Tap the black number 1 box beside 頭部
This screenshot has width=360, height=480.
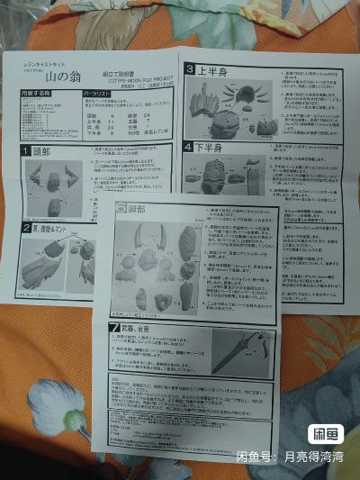tap(27, 151)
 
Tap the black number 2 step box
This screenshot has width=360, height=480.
tap(27, 228)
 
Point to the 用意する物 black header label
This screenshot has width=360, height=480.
tap(35, 93)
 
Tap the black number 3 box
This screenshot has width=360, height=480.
tap(190, 69)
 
